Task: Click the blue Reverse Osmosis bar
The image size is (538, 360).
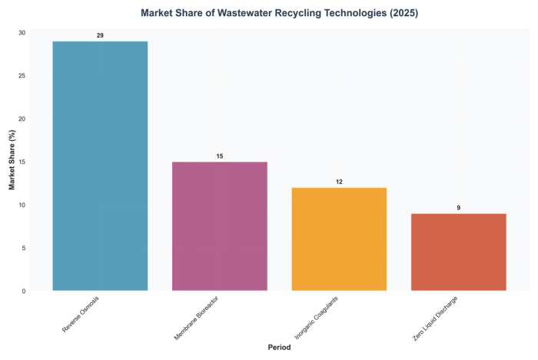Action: coord(100,165)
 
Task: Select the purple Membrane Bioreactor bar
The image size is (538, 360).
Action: coord(219,226)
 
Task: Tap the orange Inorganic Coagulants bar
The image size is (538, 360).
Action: coord(339,238)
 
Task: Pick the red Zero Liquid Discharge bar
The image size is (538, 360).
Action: coord(459,252)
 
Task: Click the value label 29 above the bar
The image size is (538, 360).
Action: coord(100,35)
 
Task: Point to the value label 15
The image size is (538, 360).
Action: coord(219,156)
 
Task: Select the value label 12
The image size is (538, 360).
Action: coord(339,182)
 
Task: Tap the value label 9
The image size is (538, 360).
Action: coord(459,208)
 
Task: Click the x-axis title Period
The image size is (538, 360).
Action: coord(279,348)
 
